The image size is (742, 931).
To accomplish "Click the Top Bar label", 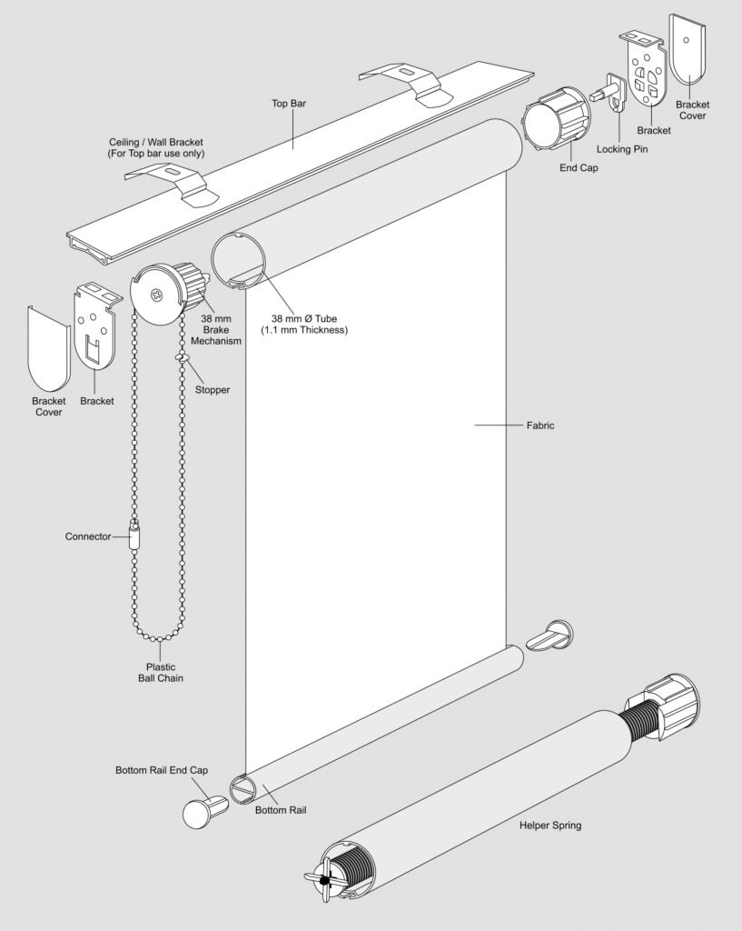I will pos(289,104).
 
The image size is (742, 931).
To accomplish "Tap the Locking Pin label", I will pos(621,148).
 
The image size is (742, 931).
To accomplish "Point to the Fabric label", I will pos(540,425).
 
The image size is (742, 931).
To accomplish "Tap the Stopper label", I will pos(213,389).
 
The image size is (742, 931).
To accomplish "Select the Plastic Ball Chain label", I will pos(161,671).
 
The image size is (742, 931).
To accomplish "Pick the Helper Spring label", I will pos(550,826).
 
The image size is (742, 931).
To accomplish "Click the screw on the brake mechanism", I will pos(156,294).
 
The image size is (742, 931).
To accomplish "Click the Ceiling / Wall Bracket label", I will pos(155,147).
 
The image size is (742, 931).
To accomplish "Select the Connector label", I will pos(88,536).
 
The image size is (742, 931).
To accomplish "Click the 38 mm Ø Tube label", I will pos(309,324).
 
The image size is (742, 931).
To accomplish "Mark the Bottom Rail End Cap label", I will pos(162,770).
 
